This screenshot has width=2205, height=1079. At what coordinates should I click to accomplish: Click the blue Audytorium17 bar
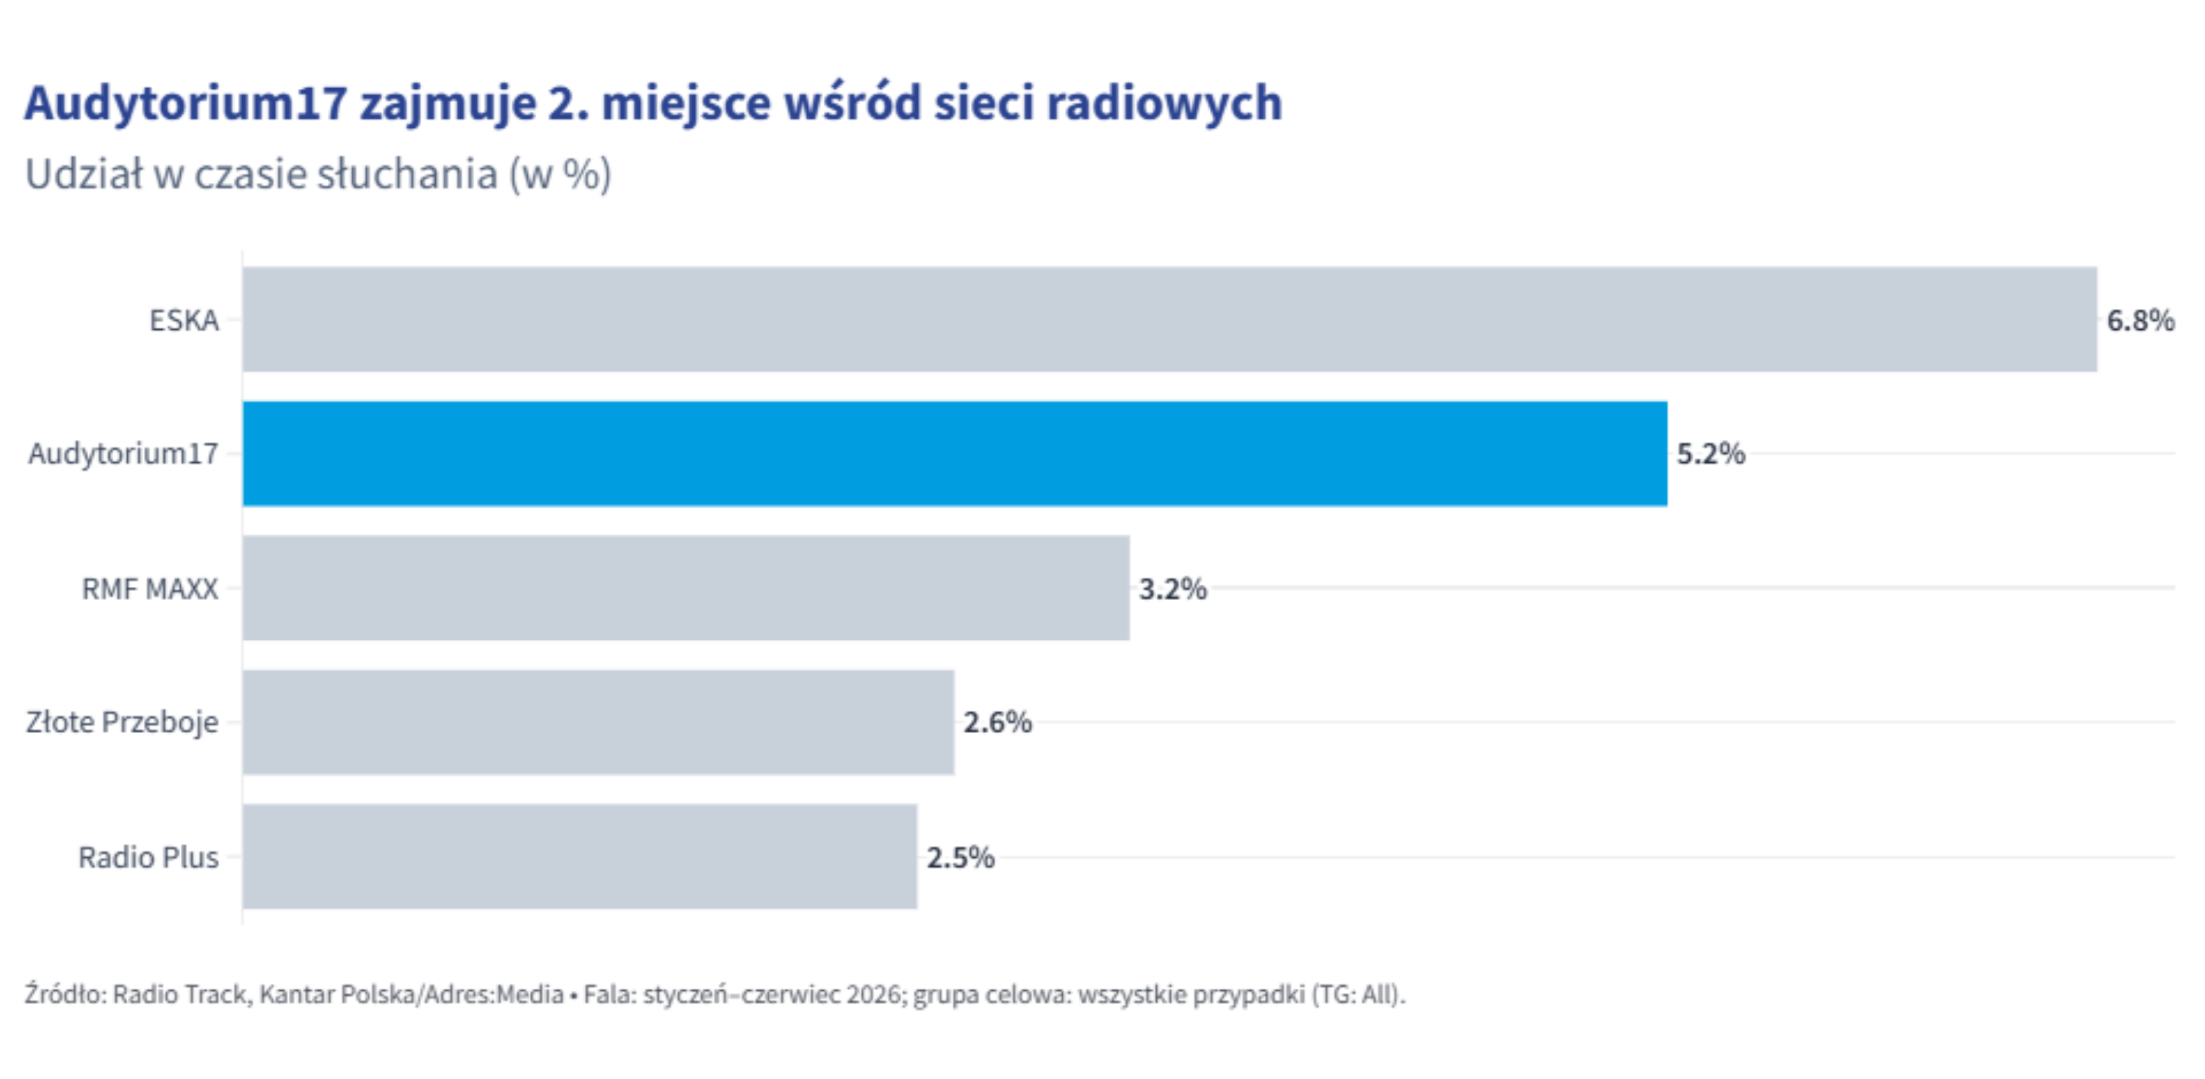pyautogui.click(x=955, y=453)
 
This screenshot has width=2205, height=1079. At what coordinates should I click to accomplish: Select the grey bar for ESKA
pyautogui.click(x=1169, y=320)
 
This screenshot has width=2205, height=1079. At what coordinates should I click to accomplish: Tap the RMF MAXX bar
pyautogui.click(x=686, y=588)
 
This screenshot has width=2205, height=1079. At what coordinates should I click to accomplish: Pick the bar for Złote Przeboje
pyautogui.click(x=598, y=722)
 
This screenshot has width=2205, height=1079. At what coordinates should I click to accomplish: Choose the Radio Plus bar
pyautogui.click(x=579, y=856)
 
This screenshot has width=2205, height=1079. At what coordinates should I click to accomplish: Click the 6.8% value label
pyautogui.click(x=2140, y=320)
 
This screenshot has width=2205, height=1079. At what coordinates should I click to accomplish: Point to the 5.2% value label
pyautogui.click(x=1710, y=453)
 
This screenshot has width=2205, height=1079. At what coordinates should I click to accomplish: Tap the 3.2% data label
pyautogui.click(x=1172, y=588)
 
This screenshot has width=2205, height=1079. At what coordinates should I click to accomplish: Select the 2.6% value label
pyautogui.click(x=997, y=722)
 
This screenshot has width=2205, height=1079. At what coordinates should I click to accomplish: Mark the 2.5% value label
pyautogui.click(x=961, y=856)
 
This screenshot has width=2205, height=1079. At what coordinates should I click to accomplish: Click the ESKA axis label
pyautogui.click(x=184, y=320)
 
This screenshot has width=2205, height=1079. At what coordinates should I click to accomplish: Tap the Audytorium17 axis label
pyautogui.click(x=123, y=453)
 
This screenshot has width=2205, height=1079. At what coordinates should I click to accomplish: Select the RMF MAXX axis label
pyautogui.click(x=150, y=588)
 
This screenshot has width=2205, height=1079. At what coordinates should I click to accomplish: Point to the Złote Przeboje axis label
pyautogui.click(x=123, y=723)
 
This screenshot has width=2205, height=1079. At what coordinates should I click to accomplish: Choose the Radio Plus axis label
pyautogui.click(x=148, y=856)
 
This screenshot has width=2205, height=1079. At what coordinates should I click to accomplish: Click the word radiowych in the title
pyautogui.click(x=1164, y=104)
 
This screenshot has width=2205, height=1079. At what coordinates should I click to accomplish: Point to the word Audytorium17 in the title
pyautogui.click(x=186, y=104)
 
